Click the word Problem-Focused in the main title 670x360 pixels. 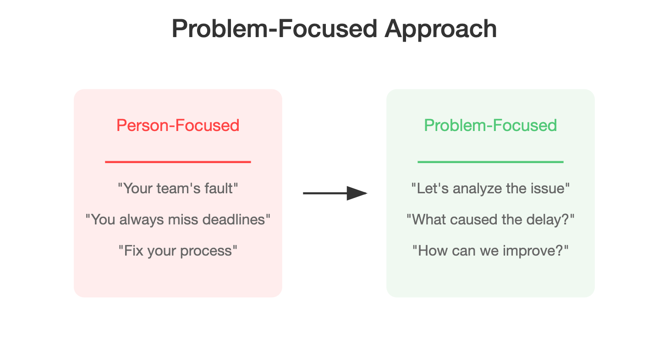tap(275, 29)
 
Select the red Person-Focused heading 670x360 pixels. tap(178, 125)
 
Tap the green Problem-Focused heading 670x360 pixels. tap(490, 125)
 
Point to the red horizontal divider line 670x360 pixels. tap(178, 162)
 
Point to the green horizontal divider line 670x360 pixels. tap(490, 162)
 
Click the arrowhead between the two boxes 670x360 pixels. tap(357, 193)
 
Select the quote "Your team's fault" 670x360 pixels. tap(178, 189)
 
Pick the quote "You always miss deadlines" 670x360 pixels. tap(178, 220)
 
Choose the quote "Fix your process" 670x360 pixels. tap(178, 251)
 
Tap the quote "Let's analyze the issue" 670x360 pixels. tap(490, 189)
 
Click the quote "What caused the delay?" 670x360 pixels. tap(490, 220)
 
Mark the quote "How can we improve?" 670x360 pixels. tap(490, 251)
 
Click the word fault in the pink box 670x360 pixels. tap(219, 189)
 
